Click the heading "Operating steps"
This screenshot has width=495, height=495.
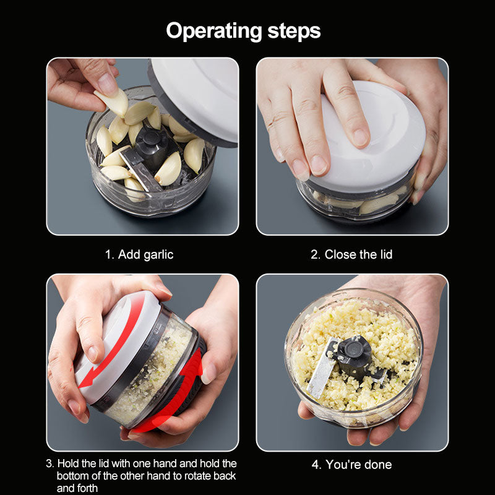point(243,30)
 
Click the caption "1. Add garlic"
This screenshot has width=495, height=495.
point(139,254)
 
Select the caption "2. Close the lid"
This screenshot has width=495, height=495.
point(351,254)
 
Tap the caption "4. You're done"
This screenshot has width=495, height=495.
point(351,464)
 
